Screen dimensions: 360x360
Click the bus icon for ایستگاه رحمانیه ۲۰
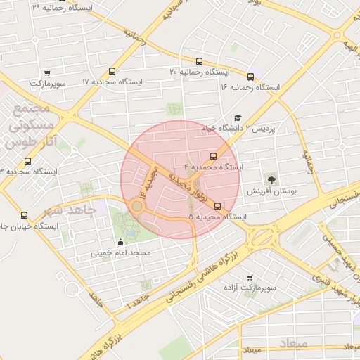(x=200, y=61)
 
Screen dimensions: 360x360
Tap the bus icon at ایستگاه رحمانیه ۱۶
(x=251, y=76)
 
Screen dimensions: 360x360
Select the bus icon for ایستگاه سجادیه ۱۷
(x=112, y=71)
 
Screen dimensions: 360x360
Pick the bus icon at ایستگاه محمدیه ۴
(x=213, y=156)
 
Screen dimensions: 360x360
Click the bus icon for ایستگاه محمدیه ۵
(x=217, y=206)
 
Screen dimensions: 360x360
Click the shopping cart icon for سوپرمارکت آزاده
(x=249, y=278)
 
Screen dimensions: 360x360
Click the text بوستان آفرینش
(x=271, y=191)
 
